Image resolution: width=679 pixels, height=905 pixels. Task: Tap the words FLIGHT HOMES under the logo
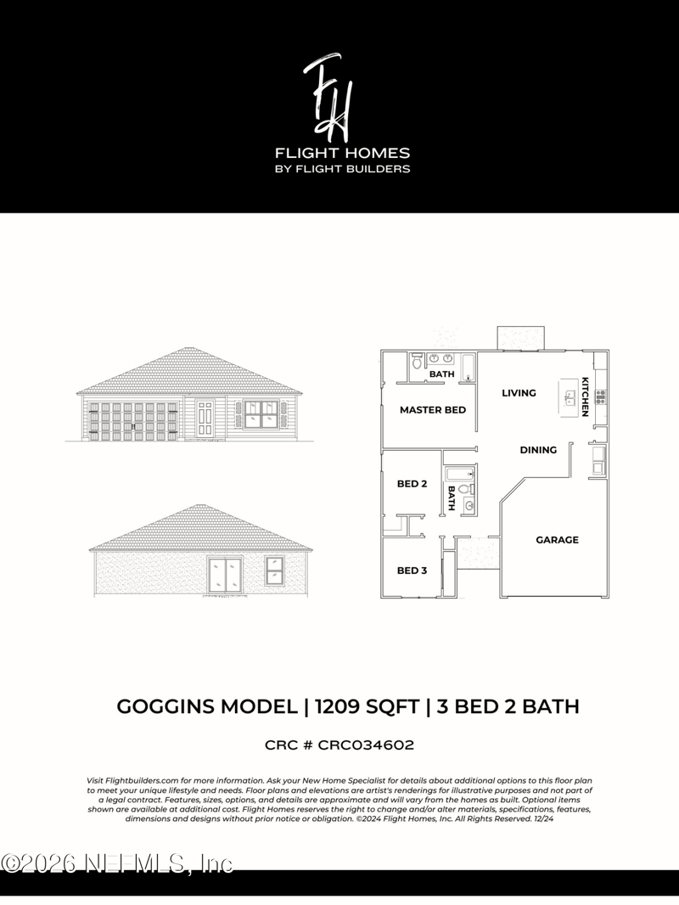coord(342,154)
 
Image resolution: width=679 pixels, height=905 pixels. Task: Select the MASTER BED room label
coord(433,410)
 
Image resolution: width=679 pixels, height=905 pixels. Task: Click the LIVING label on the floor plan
coord(519,393)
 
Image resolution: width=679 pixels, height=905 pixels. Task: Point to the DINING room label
coord(538,450)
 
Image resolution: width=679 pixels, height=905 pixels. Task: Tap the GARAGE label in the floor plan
coord(557,540)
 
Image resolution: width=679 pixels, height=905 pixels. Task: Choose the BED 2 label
coord(412,484)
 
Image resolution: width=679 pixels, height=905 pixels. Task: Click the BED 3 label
coord(412,571)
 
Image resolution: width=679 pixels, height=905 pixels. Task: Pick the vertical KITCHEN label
coord(585,396)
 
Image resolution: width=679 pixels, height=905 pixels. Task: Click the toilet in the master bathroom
coord(417,363)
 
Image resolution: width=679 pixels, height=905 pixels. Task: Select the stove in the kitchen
coord(601,395)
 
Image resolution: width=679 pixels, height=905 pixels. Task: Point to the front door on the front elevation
coord(205,419)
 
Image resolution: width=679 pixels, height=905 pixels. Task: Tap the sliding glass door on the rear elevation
coord(225,576)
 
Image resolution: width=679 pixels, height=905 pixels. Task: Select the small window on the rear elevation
coord(275,570)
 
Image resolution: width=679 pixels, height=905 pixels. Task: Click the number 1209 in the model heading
coord(334,706)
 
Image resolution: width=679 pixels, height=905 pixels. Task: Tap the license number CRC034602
coord(366,745)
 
